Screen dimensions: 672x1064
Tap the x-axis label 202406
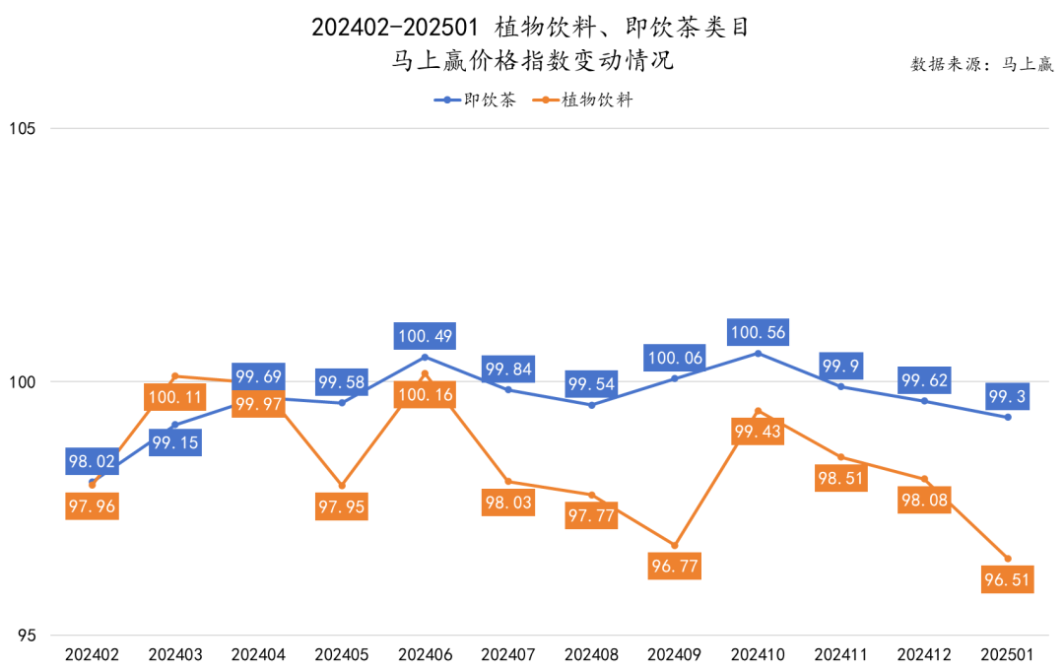pyautogui.click(x=425, y=654)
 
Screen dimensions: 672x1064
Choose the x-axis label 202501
pyautogui.click(x=1007, y=654)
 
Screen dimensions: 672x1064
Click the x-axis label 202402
pyautogui.click(x=92, y=654)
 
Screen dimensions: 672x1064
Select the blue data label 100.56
pyautogui.click(x=758, y=333)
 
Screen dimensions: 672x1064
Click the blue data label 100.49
pyautogui.click(x=425, y=336)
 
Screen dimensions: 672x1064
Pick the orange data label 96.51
pyautogui.click(x=1007, y=580)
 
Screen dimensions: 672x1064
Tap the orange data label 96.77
pyautogui.click(x=675, y=567)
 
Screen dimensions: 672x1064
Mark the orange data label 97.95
pyautogui.click(x=342, y=506)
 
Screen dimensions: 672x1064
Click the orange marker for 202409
pyautogui.click(x=675, y=545)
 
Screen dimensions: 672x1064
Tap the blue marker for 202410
pyautogui.click(x=758, y=353)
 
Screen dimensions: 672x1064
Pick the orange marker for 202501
pyautogui.click(x=1007, y=559)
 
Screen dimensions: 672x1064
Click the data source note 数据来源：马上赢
pyautogui.click(x=982, y=65)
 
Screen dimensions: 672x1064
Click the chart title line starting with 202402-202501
pyautogui.click(x=531, y=27)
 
